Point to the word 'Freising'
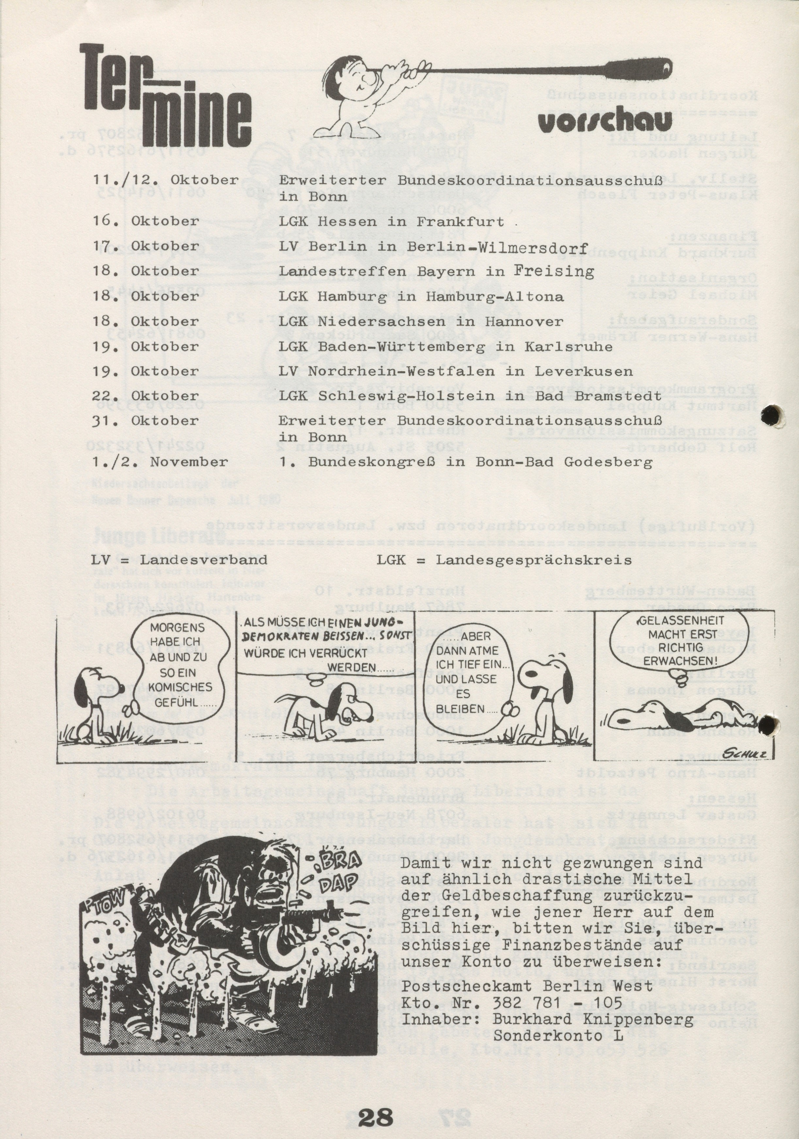pos(554,271)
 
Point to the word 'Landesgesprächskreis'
pos(533,560)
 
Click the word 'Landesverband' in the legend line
pos(204,560)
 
